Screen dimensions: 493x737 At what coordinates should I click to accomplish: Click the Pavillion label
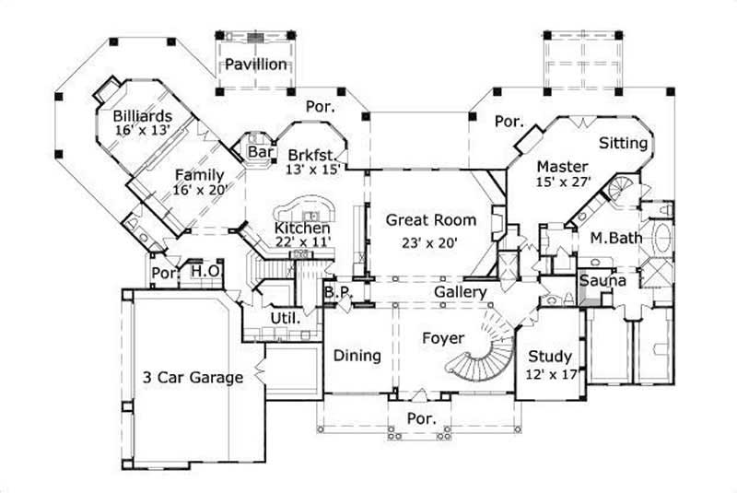pos(258,65)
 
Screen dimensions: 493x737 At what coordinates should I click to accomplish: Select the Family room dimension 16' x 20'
pos(200,190)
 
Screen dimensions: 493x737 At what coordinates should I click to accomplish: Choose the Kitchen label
pos(302,227)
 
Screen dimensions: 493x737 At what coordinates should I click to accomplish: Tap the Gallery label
pos(461,292)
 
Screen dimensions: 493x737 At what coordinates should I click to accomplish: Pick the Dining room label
pos(357,355)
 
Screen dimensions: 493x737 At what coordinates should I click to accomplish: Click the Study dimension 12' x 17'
pos(550,375)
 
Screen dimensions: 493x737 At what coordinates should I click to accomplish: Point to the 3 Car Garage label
pos(193,377)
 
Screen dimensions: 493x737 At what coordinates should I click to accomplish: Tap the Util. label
pos(282,318)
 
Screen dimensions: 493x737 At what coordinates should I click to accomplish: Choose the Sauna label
pos(602,280)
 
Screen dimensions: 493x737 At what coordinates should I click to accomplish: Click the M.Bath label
pos(615,238)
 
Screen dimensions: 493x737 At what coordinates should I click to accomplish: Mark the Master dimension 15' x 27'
pos(563,182)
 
